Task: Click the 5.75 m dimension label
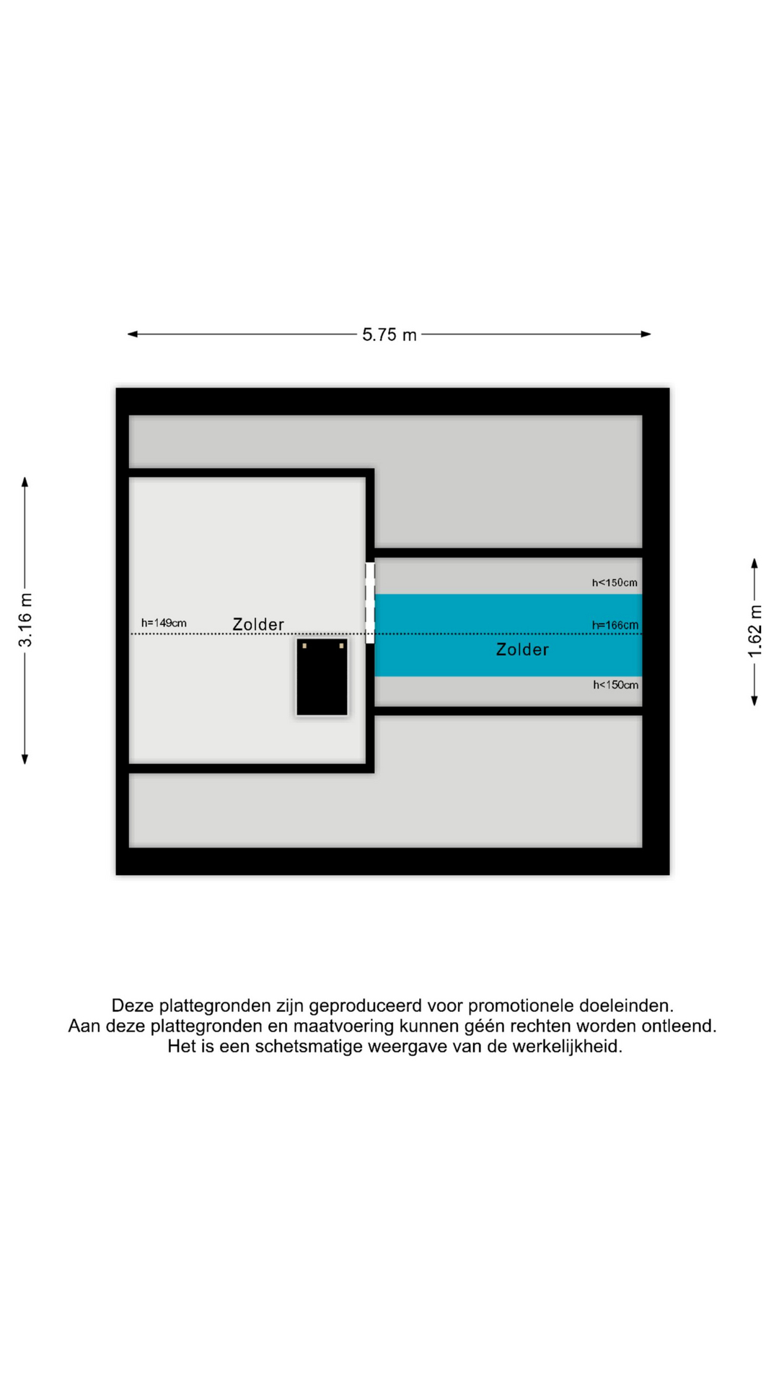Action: [389, 334]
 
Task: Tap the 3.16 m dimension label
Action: [25, 620]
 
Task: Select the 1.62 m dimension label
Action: [754, 631]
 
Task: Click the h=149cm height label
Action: [164, 623]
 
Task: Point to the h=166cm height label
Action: [615, 625]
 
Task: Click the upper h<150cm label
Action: [615, 582]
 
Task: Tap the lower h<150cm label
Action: [615, 685]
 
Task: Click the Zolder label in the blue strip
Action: [522, 649]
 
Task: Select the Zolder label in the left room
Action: [258, 624]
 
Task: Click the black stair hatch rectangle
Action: [322, 678]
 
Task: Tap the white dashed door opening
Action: [370, 603]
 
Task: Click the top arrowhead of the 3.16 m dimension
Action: [25, 482]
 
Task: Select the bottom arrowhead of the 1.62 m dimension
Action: [754, 701]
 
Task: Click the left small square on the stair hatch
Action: [305, 646]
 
